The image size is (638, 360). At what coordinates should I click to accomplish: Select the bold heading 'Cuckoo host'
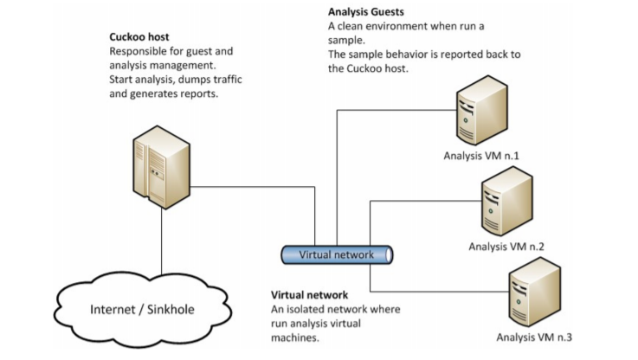pos(139,37)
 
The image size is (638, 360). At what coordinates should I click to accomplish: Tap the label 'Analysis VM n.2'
pos(507,247)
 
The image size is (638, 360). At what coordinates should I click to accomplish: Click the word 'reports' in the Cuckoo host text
pos(197,95)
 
